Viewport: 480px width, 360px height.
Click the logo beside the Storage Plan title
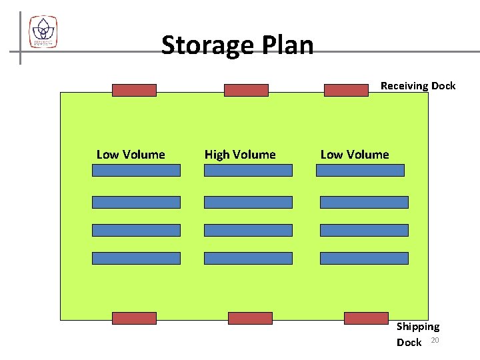point(43,31)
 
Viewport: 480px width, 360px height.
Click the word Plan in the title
point(288,45)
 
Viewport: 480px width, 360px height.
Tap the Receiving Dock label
point(418,85)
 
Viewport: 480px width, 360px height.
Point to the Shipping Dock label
point(417,334)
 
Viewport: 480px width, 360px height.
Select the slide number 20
point(435,341)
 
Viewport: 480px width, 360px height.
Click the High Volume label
point(240,155)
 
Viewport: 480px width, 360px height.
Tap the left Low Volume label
point(131,155)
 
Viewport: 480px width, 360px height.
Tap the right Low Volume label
point(355,155)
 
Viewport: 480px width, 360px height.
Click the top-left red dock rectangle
point(134,90)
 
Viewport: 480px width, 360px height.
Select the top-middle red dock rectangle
point(246,90)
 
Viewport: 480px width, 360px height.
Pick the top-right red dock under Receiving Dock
point(346,90)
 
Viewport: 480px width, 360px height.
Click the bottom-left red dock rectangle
point(134,318)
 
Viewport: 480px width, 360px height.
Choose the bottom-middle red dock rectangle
point(250,318)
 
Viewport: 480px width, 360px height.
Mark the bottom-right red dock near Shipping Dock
point(366,318)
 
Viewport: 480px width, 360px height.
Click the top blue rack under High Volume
point(248,170)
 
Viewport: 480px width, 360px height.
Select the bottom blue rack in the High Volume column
point(248,258)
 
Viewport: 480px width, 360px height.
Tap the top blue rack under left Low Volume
point(136,170)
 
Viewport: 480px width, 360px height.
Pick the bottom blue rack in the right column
point(364,258)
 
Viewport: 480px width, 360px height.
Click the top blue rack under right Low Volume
point(360,170)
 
